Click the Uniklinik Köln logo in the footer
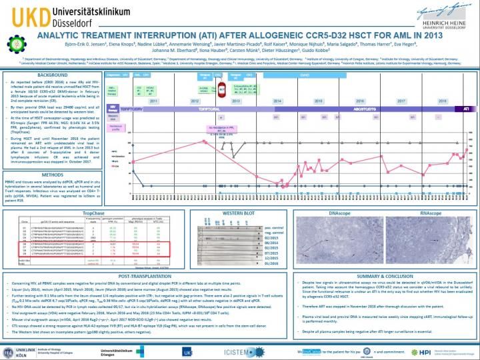(x=20, y=348)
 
